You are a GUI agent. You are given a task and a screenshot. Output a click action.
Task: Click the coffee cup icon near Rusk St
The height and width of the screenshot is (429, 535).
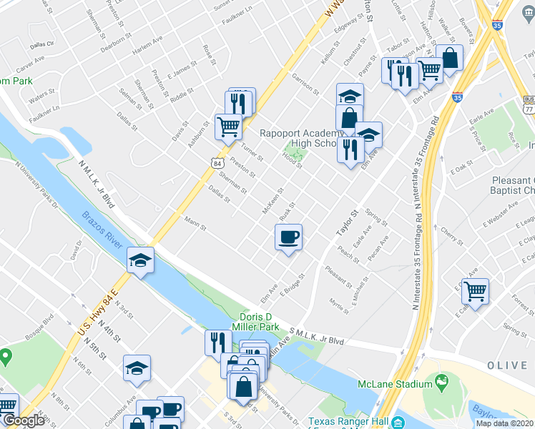point(288,237)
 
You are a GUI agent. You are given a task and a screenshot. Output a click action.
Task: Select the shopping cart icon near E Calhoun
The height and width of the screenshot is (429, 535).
point(475,292)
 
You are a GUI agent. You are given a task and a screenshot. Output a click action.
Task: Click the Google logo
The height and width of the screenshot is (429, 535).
point(24,420)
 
